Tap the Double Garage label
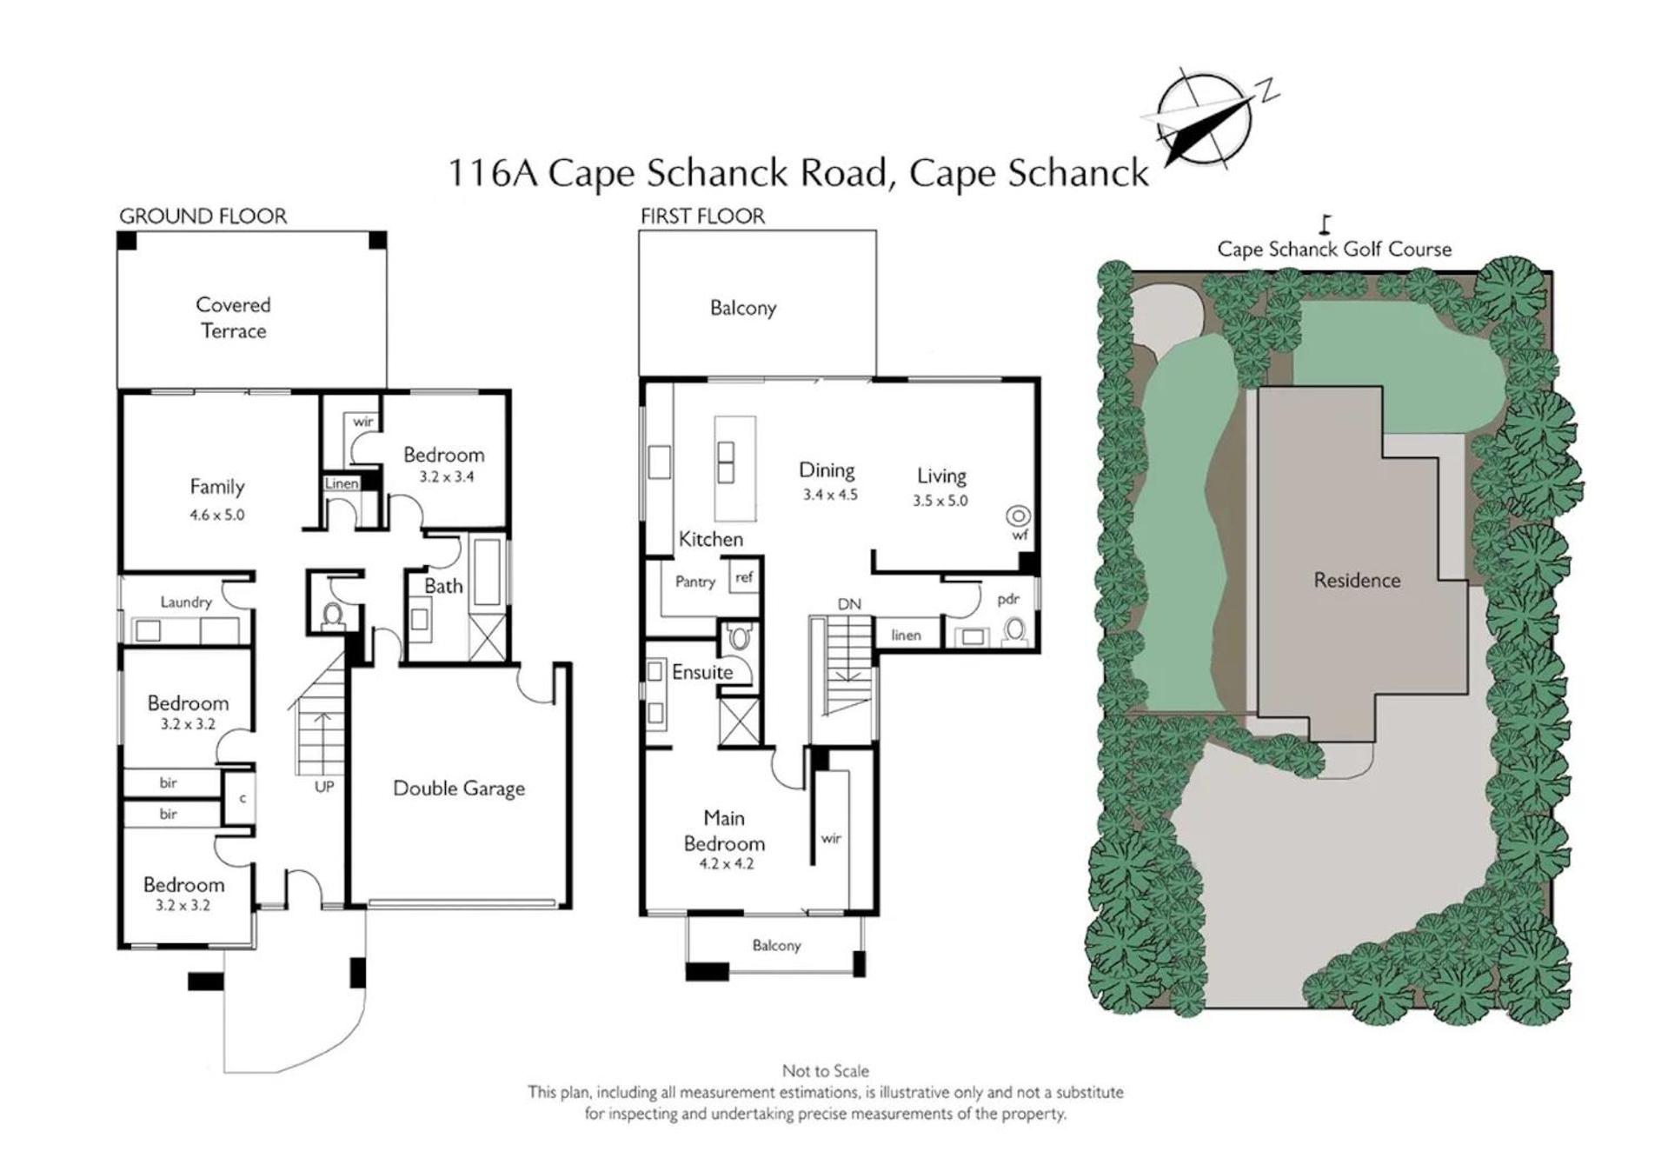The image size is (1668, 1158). click(x=459, y=789)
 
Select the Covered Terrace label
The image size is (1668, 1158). click(x=233, y=317)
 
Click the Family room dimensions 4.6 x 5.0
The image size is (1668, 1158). click(x=217, y=515)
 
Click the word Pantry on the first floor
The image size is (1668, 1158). click(x=695, y=582)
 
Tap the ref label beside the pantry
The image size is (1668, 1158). click(x=744, y=576)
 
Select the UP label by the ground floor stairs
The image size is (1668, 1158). click(x=324, y=787)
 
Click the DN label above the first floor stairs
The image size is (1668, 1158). click(x=849, y=604)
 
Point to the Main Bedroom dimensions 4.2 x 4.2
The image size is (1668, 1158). click(x=727, y=864)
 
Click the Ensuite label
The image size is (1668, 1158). click(x=702, y=672)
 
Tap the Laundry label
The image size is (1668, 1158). click(x=186, y=602)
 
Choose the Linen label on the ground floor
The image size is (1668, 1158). click(x=342, y=483)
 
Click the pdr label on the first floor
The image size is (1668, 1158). click(x=1008, y=599)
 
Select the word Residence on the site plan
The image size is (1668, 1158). click(x=1357, y=580)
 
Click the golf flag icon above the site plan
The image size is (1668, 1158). click(x=1325, y=224)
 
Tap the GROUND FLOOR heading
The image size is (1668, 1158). click(x=203, y=216)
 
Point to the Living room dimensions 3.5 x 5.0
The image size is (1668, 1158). click(x=940, y=501)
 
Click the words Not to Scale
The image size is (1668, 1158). click(x=826, y=1071)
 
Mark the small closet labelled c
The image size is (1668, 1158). click(x=243, y=797)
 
